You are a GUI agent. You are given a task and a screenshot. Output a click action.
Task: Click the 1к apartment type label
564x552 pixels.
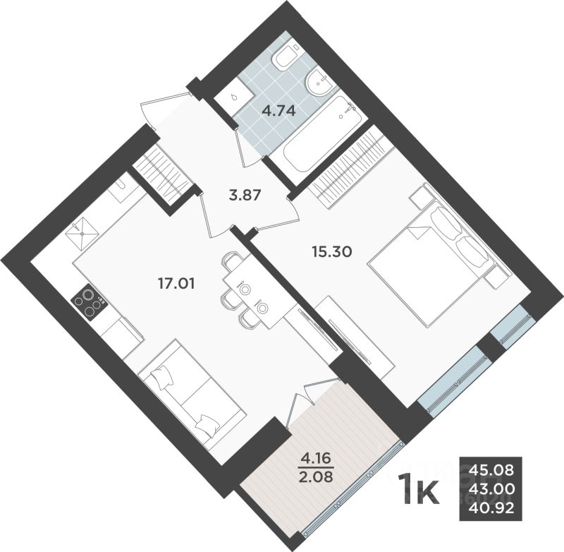pos(420,488)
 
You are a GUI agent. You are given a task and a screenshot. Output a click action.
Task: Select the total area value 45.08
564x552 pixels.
pos(496,469)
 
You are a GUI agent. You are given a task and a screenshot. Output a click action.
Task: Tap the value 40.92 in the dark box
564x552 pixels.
pos(496,505)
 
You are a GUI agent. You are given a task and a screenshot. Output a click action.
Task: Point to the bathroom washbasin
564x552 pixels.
pos(320,84)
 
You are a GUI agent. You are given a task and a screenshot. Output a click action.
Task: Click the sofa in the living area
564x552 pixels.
pos(191,396)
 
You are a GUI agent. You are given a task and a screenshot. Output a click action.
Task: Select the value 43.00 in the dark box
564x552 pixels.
pos(496,487)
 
